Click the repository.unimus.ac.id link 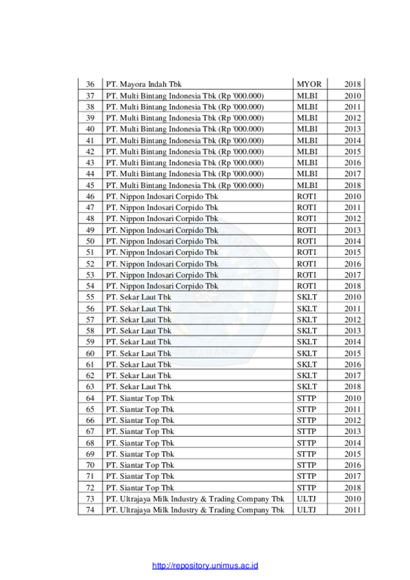(x=205, y=565)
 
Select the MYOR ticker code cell (x=309, y=85)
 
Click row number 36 (x=90, y=85)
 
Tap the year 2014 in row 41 (x=353, y=141)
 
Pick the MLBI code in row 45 (x=307, y=186)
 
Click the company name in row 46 (x=162, y=196)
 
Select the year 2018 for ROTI (x=353, y=286)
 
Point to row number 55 (x=90, y=297)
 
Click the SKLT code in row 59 (x=307, y=342)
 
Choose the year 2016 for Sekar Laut (x=353, y=364)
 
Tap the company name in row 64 (x=140, y=398)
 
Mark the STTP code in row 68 (x=307, y=443)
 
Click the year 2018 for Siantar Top (x=353, y=488)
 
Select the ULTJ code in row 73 (x=306, y=499)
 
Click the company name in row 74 (x=195, y=510)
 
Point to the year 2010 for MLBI (x=353, y=96)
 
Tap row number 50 (x=90, y=241)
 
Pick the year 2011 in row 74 (x=353, y=510)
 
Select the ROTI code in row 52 (x=307, y=264)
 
